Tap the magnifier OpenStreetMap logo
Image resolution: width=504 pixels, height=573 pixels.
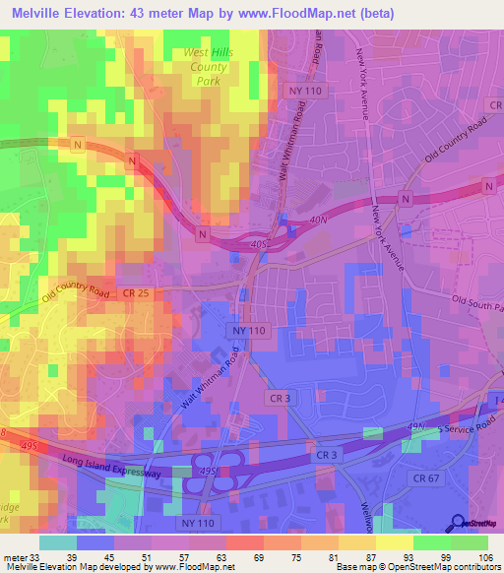[458, 525]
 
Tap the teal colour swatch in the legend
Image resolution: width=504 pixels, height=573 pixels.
[58, 542]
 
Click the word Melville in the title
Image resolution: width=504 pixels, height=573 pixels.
[39, 13]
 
